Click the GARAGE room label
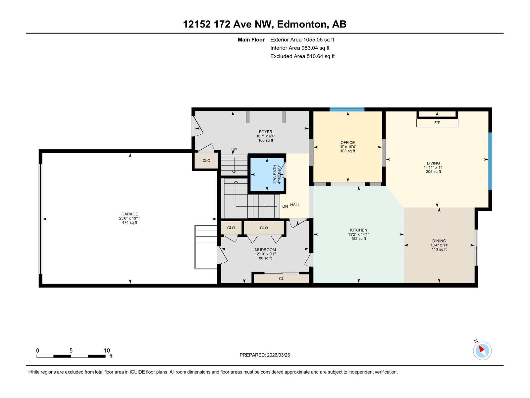pos(130,214)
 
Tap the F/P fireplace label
pos(437,123)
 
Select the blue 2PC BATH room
pos(267,174)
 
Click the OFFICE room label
pos(347,143)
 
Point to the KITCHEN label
pos(358,230)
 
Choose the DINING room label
pos(439,241)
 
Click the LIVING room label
pos(433,163)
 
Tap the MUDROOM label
pos(265,250)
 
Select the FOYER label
pos(265,132)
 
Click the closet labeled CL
pos(281,278)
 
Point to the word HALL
pos(295,205)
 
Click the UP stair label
pos(234,150)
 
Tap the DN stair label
pos(285,206)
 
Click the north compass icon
pos(482,351)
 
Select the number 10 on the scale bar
pos(107,350)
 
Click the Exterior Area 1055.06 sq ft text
pos(302,39)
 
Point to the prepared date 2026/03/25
pos(278,355)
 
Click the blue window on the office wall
pos(347,109)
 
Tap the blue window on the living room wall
pos(490,161)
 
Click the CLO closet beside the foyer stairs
pos(206,161)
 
